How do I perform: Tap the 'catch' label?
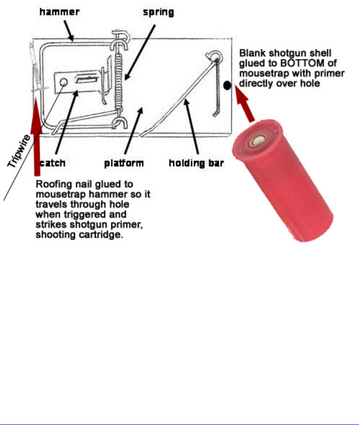point(53,163)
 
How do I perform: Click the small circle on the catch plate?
point(64,82)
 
